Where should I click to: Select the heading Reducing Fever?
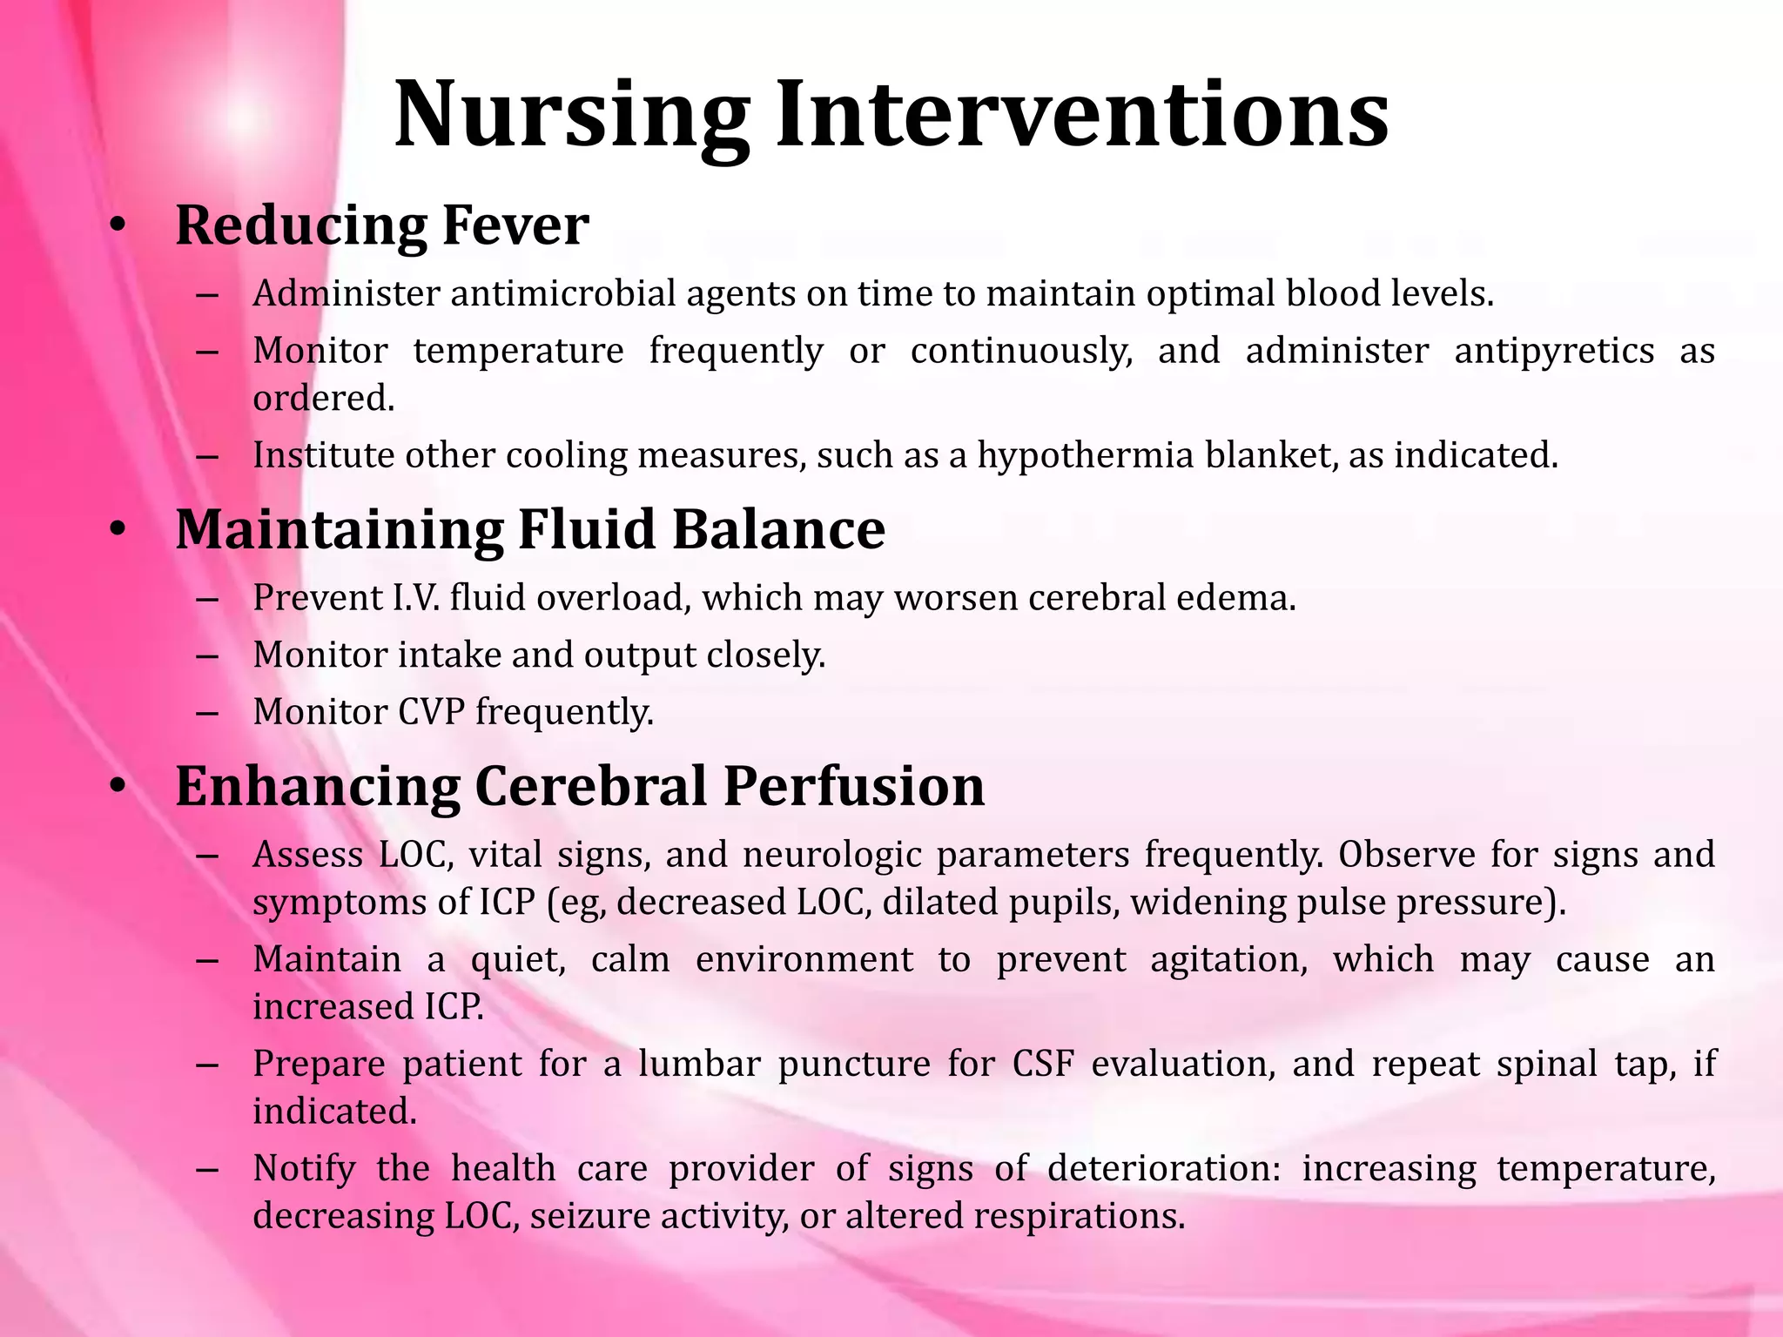[382, 225]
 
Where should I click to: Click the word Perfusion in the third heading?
[853, 786]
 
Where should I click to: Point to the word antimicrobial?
[565, 294]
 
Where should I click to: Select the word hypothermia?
[1085, 455]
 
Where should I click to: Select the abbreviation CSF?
[1042, 1064]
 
